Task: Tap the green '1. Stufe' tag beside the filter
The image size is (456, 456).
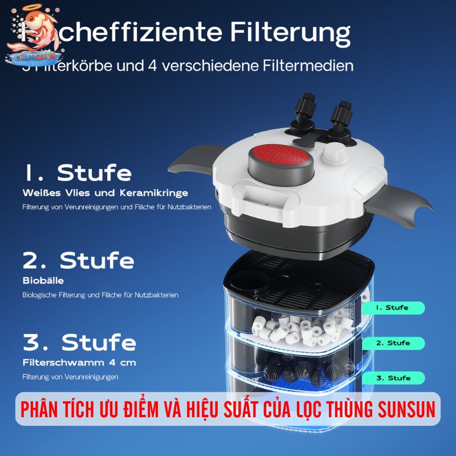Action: point(393,308)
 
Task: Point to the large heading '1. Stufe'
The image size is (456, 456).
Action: point(78,173)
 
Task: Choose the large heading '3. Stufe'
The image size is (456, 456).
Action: point(79,343)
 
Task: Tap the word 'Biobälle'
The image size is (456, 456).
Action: point(43,280)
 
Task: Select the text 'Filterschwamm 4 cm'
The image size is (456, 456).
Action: point(79,362)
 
